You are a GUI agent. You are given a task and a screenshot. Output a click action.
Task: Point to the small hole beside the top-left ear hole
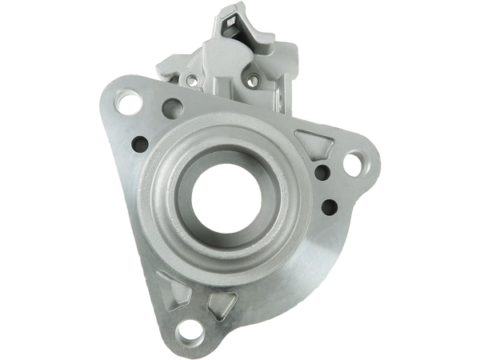click(x=170, y=105)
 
